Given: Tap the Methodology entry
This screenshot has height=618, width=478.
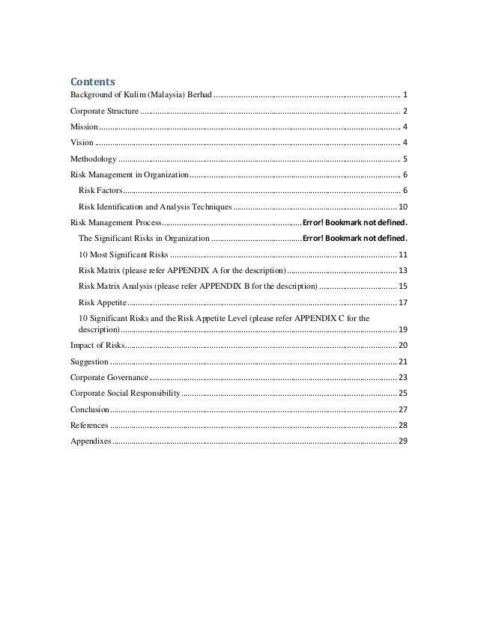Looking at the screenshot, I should (x=93, y=159).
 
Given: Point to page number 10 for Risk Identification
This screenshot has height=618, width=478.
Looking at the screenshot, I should (x=403, y=206).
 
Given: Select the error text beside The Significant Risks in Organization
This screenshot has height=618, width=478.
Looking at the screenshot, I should (x=355, y=239).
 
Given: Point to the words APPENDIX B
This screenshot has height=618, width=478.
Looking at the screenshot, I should (x=250, y=287).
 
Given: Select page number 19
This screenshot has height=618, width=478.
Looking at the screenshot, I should (x=403, y=329).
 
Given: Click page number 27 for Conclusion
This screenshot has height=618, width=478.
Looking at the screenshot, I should (x=403, y=409).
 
